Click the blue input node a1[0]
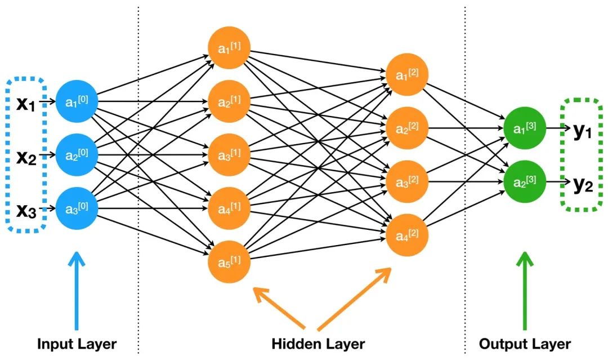coord(77,102)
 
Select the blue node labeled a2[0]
coord(77,155)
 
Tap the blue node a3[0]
coord(77,208)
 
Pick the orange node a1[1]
coord(229,48)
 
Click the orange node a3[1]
coord(229,154)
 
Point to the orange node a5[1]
coord(229,261)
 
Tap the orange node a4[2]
coord(407,234)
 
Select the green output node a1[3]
coord(524,128)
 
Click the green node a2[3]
coord(524,181)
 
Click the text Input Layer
coord(77,344)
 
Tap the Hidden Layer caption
coord(318,344)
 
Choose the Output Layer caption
coord(525,344)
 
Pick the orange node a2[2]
coord(407,128)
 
